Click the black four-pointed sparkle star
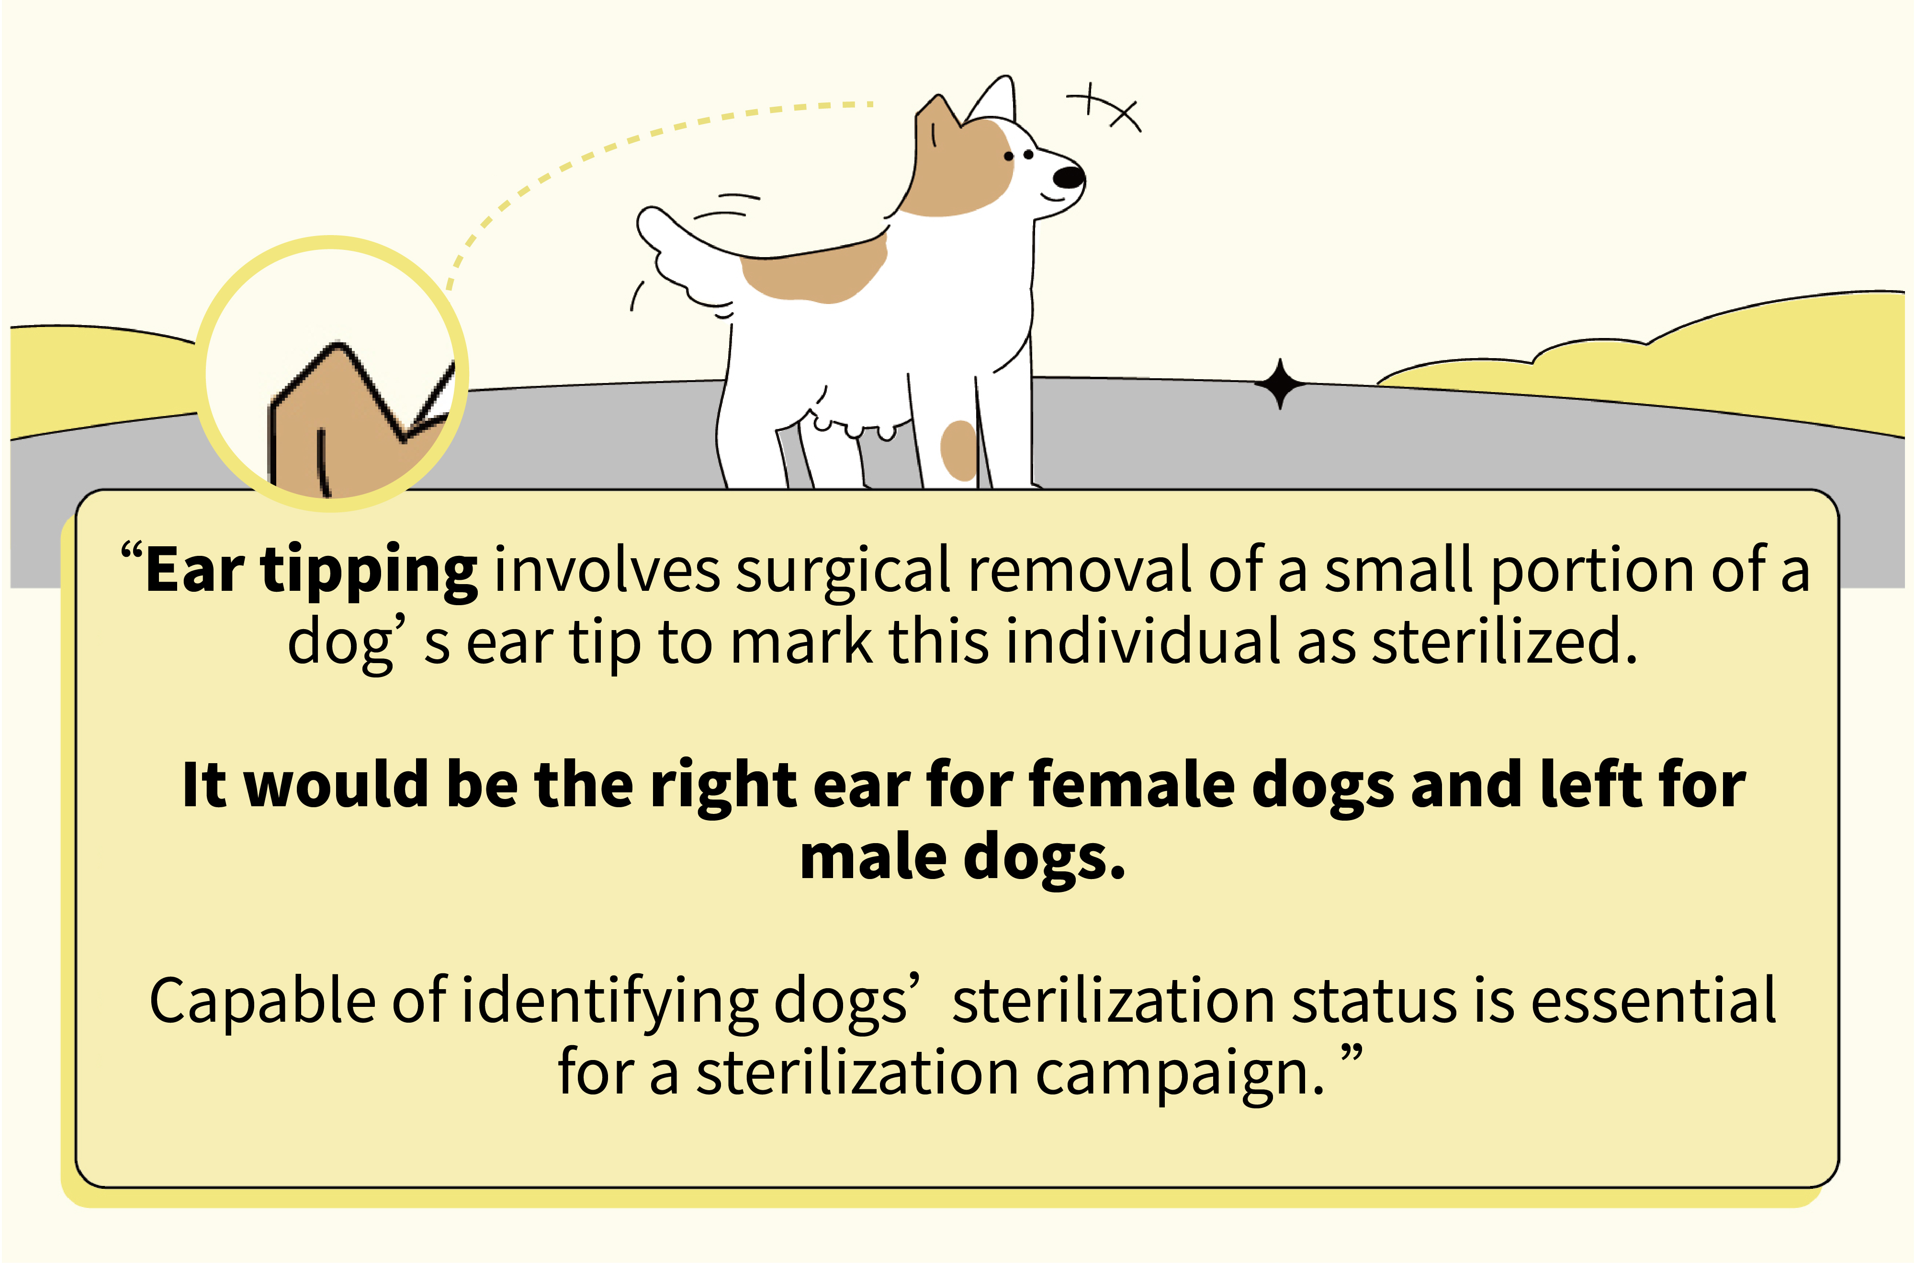point(1280,383)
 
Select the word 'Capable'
point(262,1001)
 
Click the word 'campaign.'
point(1181,1074)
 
